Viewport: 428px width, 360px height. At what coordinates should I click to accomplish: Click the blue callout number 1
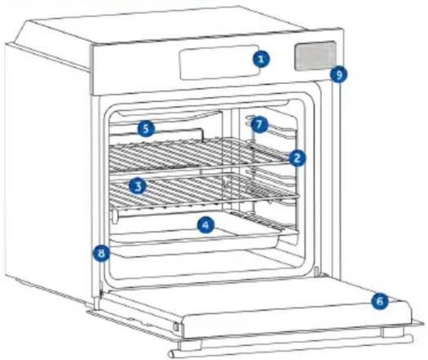261,59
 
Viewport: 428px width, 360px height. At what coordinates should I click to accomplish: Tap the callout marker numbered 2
297,158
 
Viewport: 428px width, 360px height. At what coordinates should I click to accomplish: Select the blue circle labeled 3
138,186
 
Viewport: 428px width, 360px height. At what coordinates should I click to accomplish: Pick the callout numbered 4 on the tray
206,225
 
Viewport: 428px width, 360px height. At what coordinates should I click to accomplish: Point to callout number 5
146,128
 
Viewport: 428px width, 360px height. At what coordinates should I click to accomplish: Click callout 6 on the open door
380,301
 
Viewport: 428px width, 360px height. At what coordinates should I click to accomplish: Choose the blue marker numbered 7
259,124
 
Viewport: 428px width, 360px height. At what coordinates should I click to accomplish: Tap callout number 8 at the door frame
101,253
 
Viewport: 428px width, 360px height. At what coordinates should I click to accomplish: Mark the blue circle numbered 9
338,74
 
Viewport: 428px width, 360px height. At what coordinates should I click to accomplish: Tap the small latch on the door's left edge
176,326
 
